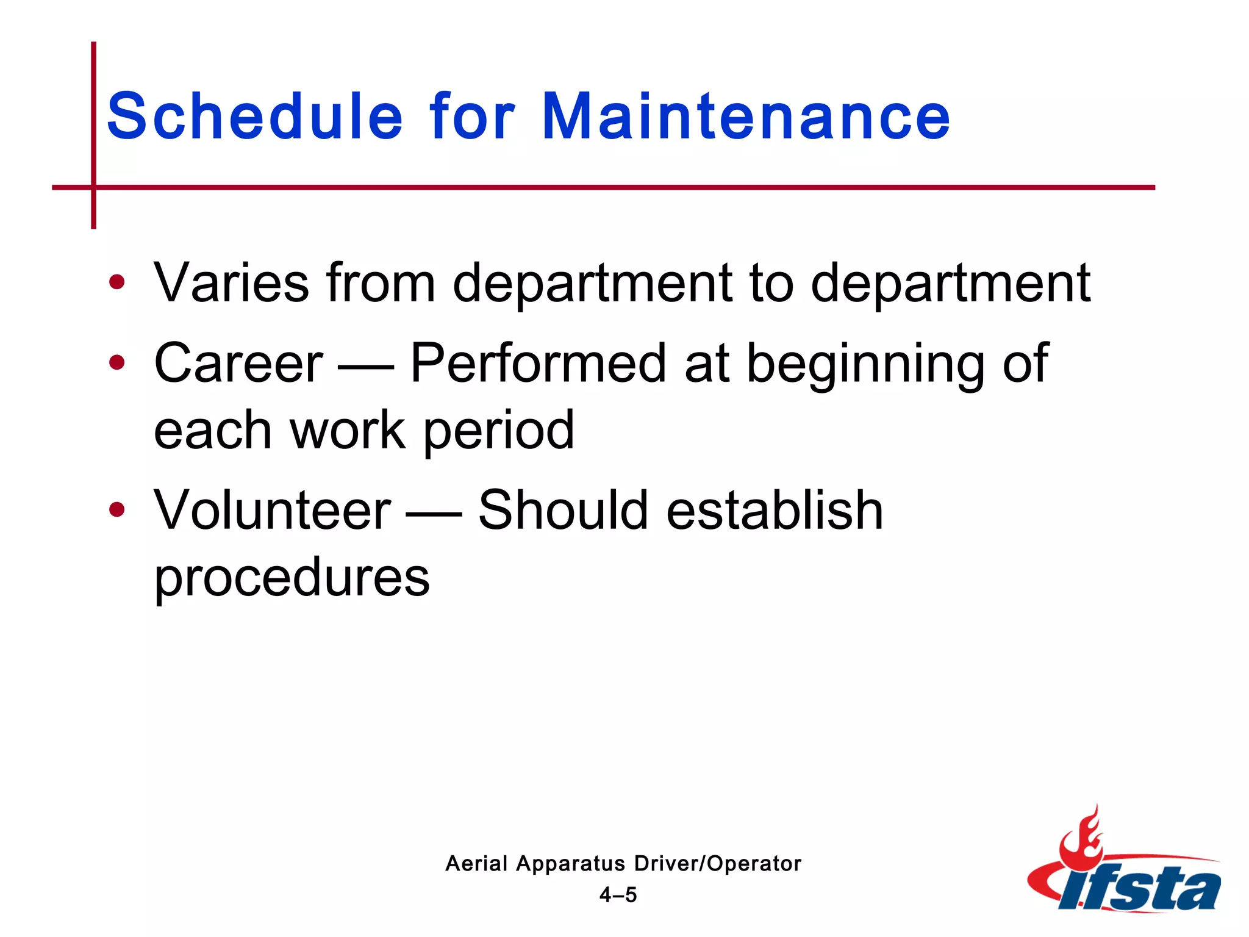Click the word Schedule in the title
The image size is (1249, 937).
coord(254,116)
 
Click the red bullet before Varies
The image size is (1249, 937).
coord(116,282)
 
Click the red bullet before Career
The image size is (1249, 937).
coord(116,363)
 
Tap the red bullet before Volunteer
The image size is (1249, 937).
coord(116,509)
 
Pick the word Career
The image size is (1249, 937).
coord(238,364)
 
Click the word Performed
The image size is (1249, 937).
coord(539,364)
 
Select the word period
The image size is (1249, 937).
coord(498,432)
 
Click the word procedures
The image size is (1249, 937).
coord(292,578)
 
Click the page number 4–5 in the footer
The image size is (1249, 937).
coord(618,895)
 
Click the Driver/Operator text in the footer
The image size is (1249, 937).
coord(718,863)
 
